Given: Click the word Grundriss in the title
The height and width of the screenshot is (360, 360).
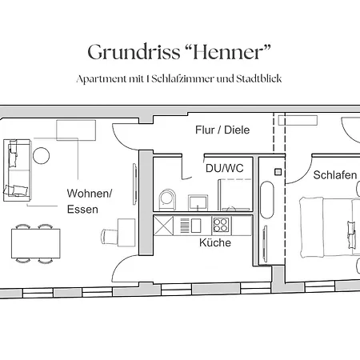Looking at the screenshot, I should coord(129,53).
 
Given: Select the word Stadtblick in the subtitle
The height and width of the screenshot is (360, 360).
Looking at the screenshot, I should coord(258,79).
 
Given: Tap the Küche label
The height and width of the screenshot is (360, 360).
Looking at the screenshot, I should coord(215,242).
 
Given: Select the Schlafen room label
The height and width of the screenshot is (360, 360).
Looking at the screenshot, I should coord(334,174).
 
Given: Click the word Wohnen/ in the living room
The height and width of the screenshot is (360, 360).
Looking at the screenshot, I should coord(90,194).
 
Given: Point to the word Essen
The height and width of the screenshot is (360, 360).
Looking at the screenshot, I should coord(83,210).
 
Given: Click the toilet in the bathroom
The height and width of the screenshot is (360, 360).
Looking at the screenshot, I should coord(167,198).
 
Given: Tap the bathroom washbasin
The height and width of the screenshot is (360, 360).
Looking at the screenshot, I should coord(198,200).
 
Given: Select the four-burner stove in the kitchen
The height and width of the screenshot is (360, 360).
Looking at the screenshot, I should coord(220,225).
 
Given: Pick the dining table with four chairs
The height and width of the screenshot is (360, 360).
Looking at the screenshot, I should coord(35,242).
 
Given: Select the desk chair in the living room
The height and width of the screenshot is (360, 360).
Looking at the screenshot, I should coord(110,236).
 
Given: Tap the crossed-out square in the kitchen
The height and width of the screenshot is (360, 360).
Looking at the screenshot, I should coord(165,225).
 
